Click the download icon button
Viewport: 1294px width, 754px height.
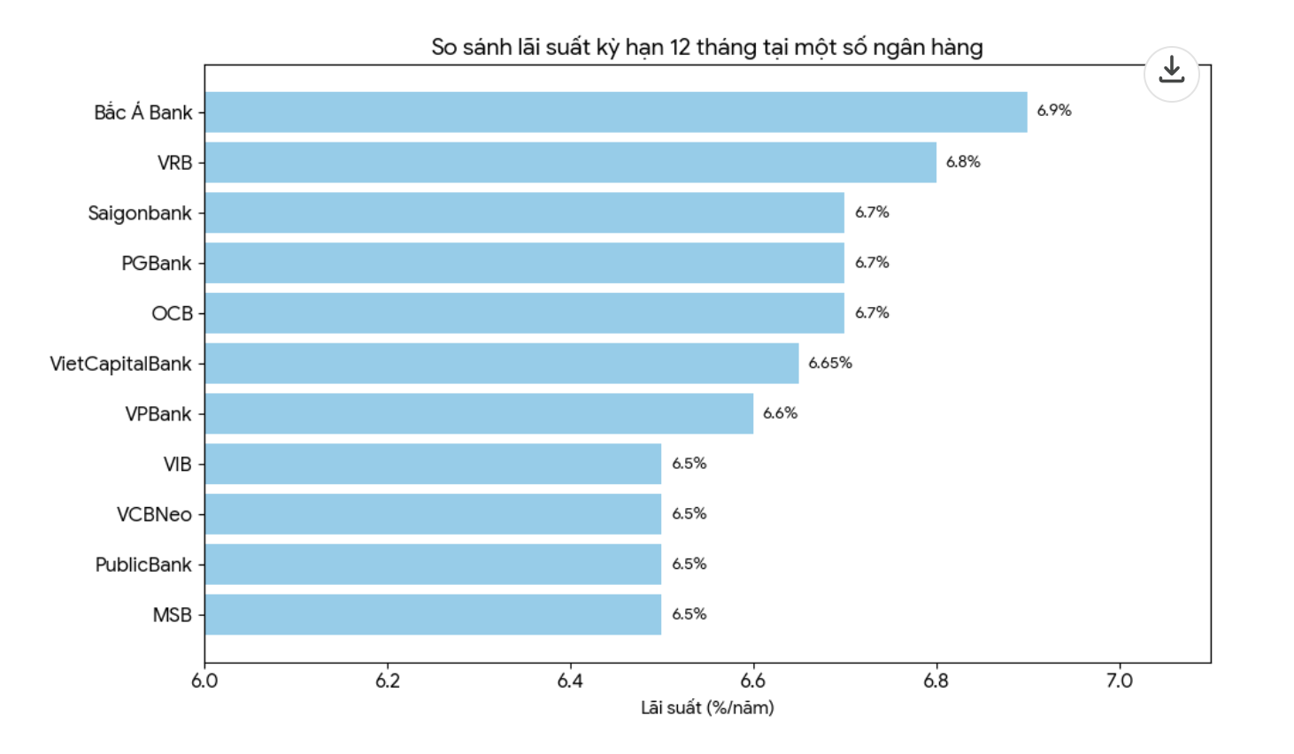(1172, 74)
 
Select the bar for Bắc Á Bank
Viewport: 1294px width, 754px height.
(616, 112)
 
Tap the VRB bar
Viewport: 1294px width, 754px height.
(571, 162)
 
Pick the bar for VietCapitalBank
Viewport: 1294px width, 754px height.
(502, 364)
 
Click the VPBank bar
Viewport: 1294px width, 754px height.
(479, 413)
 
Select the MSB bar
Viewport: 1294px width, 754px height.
(434, 615)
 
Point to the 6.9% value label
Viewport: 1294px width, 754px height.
(1054, 111)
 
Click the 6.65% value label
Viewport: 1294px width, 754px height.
(830, 363)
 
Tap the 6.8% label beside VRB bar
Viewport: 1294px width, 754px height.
(963, 162)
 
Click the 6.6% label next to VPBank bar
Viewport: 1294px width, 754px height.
(781, 413)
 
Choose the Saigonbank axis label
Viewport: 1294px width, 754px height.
(140, 214)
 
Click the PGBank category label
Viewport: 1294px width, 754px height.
(157, 264)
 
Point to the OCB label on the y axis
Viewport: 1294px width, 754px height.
(172, 314)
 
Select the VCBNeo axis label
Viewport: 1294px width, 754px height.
(154, 515)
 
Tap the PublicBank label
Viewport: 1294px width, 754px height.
(143, 565)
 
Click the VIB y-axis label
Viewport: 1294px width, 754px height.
(177, 465)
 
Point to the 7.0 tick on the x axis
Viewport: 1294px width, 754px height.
(1120, 681)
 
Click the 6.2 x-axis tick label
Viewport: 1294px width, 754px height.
(388, 681)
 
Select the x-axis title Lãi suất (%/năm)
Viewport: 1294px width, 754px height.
(708, 708)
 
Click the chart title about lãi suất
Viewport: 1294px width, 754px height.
(707, 48)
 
